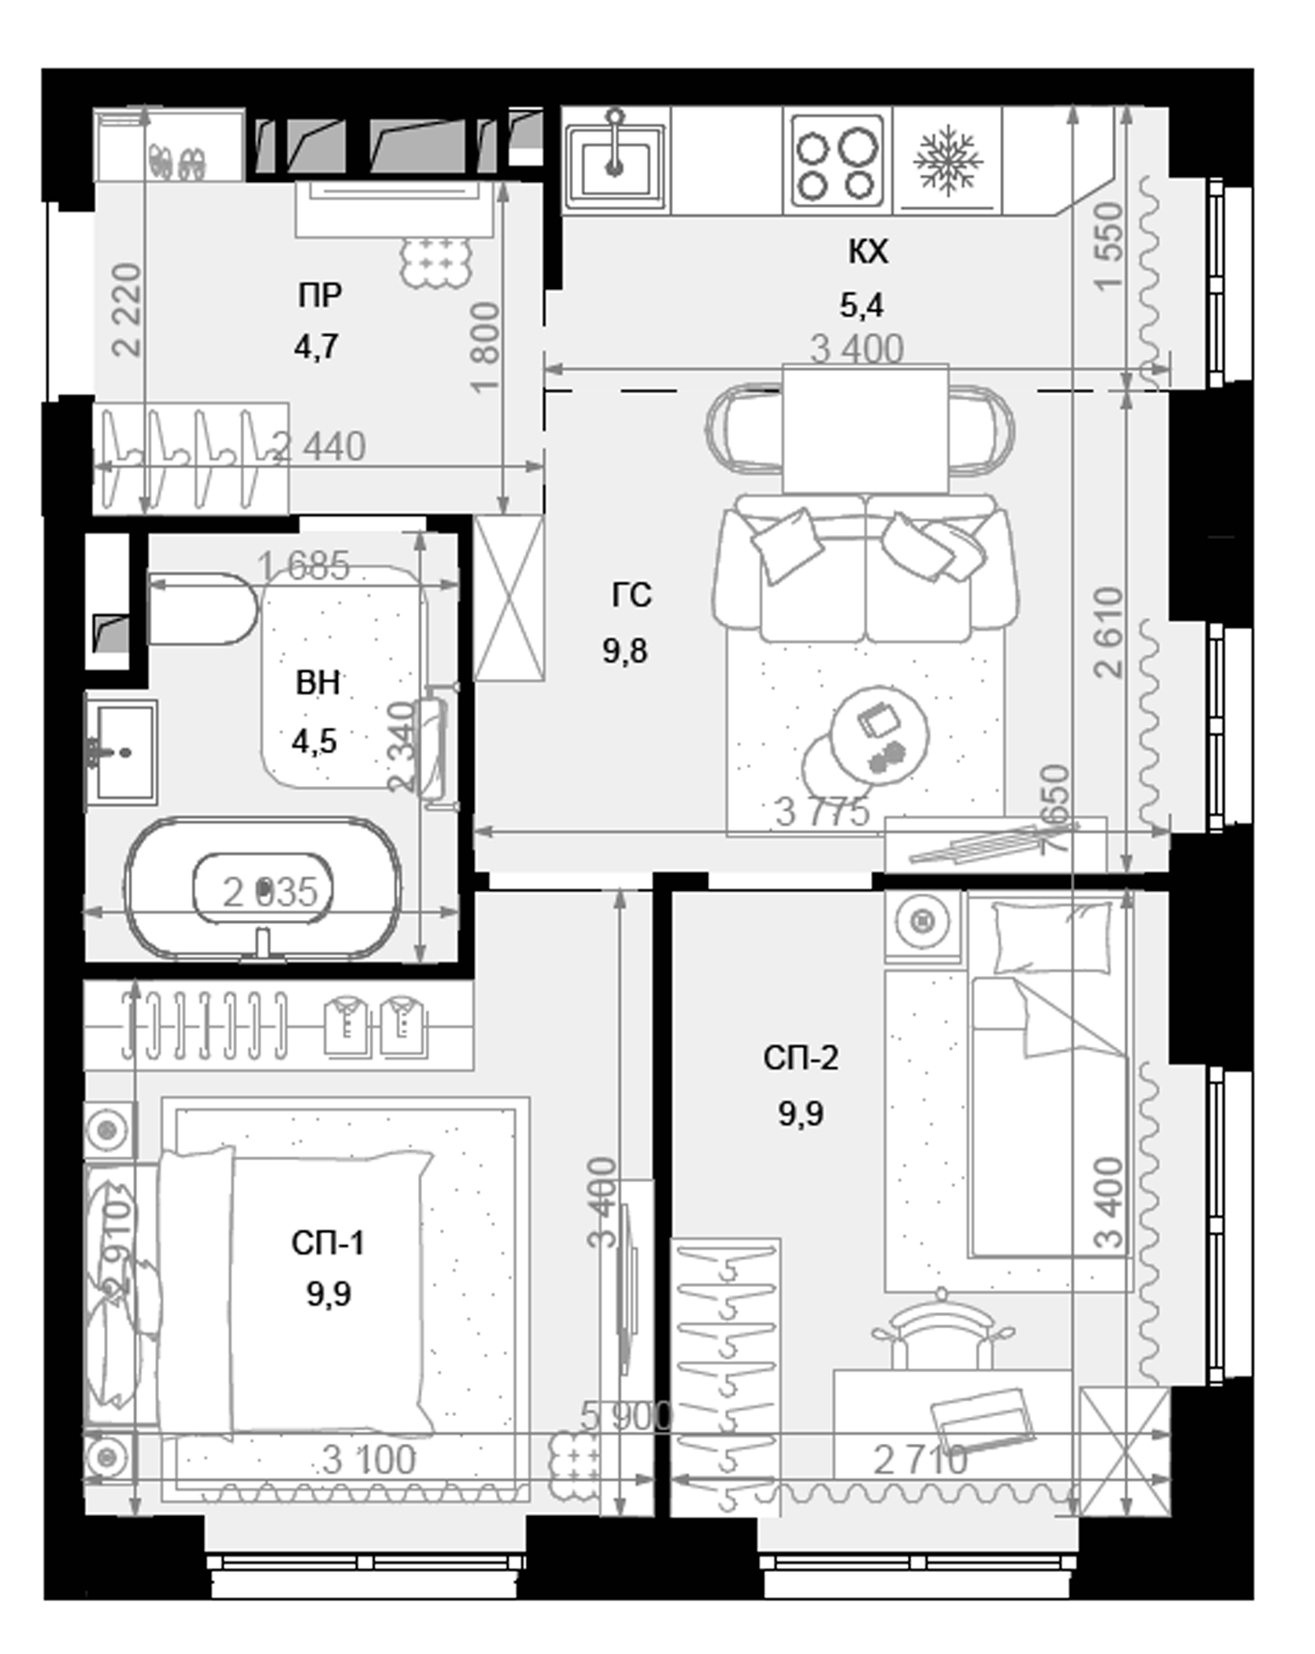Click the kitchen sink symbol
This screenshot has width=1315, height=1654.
pyautogui.click(x=615, y=162)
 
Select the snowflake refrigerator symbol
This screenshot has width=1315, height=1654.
pyautogui.click(x=947, y=161)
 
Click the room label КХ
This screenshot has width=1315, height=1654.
pyautogui.click(x=867, y=252)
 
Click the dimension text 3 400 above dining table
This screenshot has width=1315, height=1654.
pyautogui.click(x=857, y=349)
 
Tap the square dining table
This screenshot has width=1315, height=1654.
pyautogui.click(x=865, y=429)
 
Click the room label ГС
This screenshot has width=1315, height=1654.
pyautogui.click(x=631, y=595)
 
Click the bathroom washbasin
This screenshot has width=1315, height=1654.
pyautogui.click(x=122, y=752)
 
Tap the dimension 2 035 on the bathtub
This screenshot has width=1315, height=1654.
pyautogui.click(x=269, y=893)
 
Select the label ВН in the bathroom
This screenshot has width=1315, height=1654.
pyautogui.click(x=317, y=682)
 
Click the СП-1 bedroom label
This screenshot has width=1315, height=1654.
pyautogui.click(x=328, y=1243)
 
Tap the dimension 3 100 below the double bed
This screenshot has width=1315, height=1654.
pyautogui.click(x=369, y=1460)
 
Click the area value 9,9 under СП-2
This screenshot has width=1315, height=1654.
pyautogui.click(x=801, y=1114)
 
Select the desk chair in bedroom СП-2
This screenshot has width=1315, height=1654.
pyautogui.click(x=942, y=1331)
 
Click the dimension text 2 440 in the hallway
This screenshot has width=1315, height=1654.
pyautogui.click(x=319, y=447)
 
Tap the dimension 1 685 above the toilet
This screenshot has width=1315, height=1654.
pyautogui.click(x=304, y=566)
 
